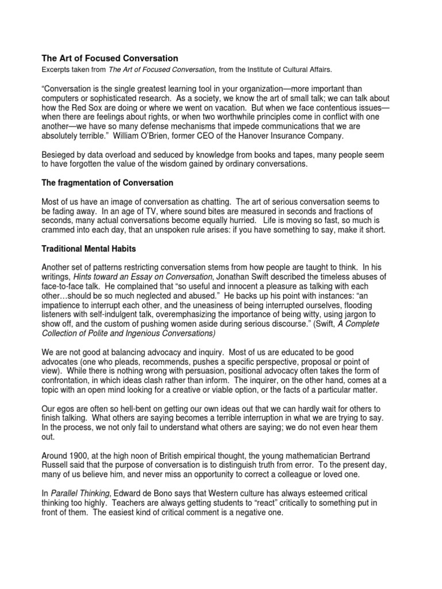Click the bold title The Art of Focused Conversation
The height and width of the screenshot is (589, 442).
coord(109,58)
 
